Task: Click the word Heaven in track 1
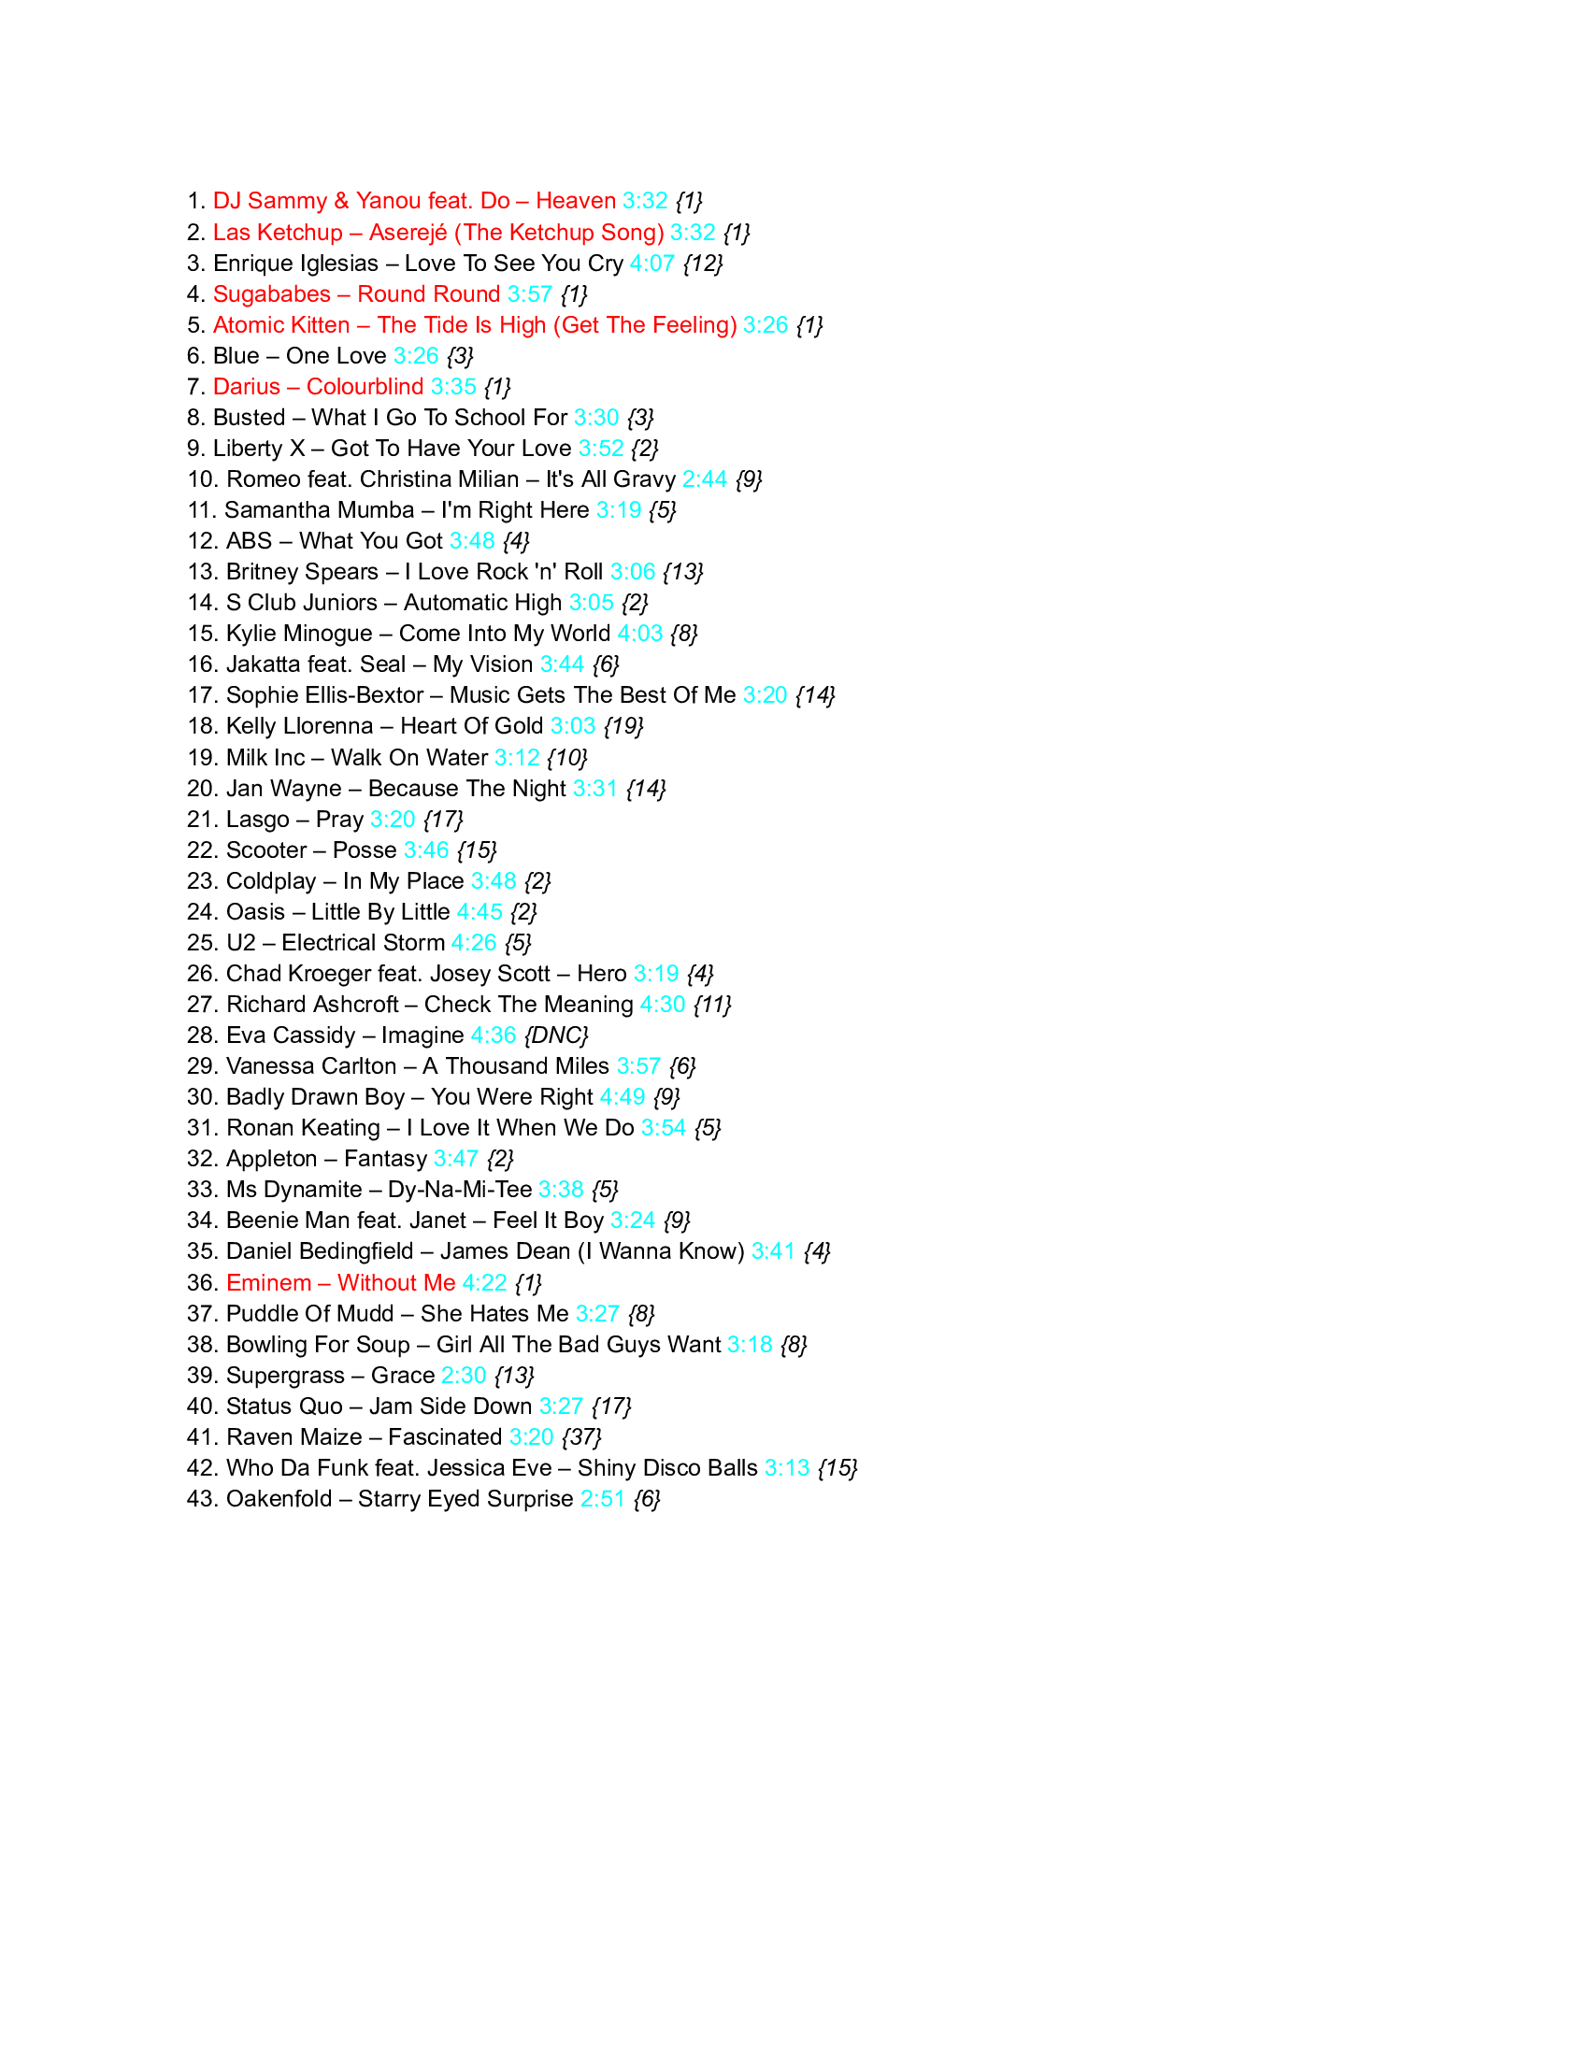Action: pos(575,202)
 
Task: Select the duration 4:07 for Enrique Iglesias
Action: pos(651,264)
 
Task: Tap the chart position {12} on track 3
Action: pos(702,264)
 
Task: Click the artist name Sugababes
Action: pos(271,294)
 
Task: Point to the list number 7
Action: pos(194,387)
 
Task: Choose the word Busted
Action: pos(249,418)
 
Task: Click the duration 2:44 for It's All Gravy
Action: pos(704,479)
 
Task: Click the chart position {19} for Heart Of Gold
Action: pos(623,727)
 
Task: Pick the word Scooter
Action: pos(266,851)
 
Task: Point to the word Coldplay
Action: pos(271,882)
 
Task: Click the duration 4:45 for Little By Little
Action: pos(480,912)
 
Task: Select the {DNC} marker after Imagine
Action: pos(556,1035)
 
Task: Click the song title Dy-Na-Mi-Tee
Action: pos(459,1190)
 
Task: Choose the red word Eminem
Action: pos(268,1283)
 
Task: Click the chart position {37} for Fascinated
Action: pos(580,1437)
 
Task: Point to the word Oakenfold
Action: pos(279,1499)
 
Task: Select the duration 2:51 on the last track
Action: pos(603,1499)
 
